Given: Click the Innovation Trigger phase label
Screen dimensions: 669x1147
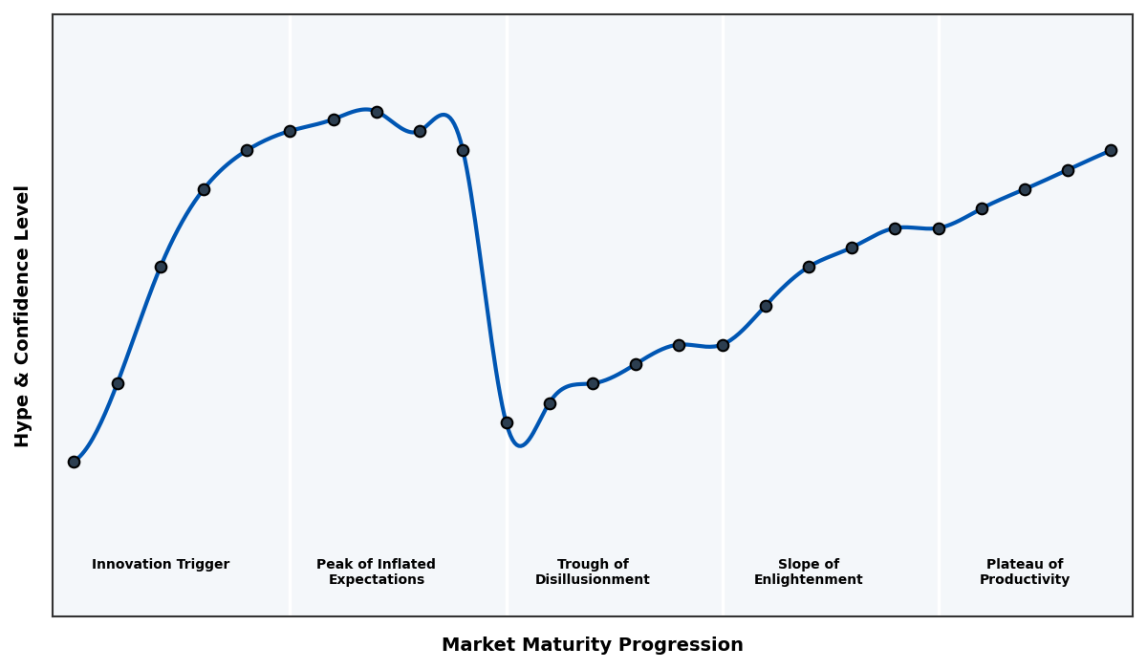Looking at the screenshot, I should (x=161, y=565).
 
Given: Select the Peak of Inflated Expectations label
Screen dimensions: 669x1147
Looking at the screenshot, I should (x=376, y=572).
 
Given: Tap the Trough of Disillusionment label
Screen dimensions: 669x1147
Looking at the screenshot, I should (x=592, y=572).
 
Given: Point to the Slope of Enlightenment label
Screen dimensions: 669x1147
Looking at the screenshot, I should (x=808, y=572).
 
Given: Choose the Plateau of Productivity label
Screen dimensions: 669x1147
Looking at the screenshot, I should (x=1024, y=572).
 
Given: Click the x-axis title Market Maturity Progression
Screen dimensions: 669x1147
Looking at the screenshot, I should (x=592, y=645).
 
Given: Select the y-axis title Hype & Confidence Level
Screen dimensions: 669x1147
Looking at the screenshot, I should (x=23, y=315).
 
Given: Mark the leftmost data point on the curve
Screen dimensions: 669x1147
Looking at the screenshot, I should (x=74, y=462).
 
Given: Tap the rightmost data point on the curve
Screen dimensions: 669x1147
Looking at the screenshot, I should (x=1111, y=150).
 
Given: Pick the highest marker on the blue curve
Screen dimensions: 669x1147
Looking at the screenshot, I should (x=377, y=112).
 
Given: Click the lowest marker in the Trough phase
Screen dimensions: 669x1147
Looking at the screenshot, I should (x=507, y=422).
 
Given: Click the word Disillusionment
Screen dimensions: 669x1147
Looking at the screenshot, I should (x=592, y=580).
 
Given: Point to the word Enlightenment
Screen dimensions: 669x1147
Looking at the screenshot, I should (x=808, y=580).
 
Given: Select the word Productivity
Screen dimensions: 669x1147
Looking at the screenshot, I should (x=1024, y=580).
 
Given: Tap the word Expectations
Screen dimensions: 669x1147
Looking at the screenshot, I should (x=376, y=580).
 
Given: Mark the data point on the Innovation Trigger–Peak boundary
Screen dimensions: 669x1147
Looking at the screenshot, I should (x=290, y=131).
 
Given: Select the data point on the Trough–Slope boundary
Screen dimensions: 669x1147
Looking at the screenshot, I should (x=723, y=345).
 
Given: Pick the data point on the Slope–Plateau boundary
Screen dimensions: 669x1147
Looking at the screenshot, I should (x=939, y=228).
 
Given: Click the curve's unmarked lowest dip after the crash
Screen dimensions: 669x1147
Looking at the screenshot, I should (x=520, y=445).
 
